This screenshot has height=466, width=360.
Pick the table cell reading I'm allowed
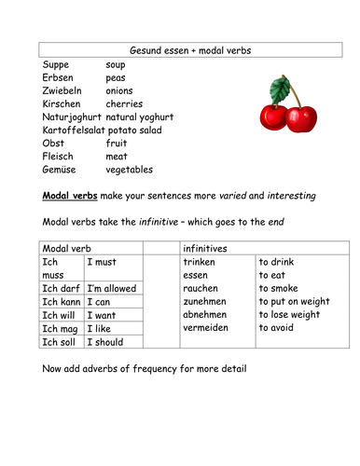click(111, 289)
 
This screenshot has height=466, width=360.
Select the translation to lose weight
click(291, 315)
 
